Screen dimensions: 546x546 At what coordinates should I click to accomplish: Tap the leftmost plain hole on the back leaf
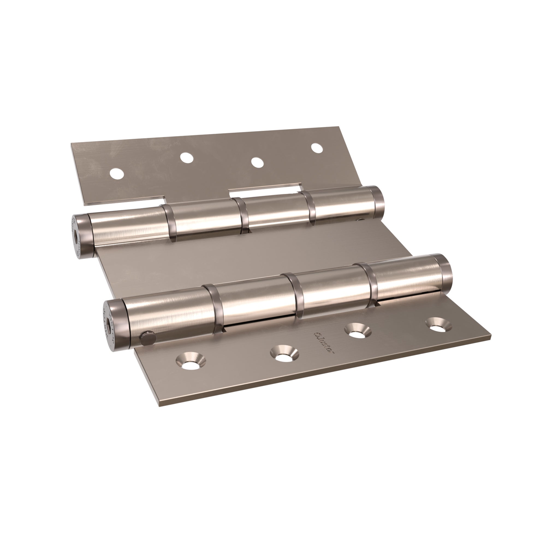(117, 173)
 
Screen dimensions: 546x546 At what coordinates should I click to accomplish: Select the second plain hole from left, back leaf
(186, 158)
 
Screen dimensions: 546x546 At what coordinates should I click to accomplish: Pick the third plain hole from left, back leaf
(257, 162)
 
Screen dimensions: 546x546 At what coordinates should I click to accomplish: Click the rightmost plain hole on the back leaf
(317, 148)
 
